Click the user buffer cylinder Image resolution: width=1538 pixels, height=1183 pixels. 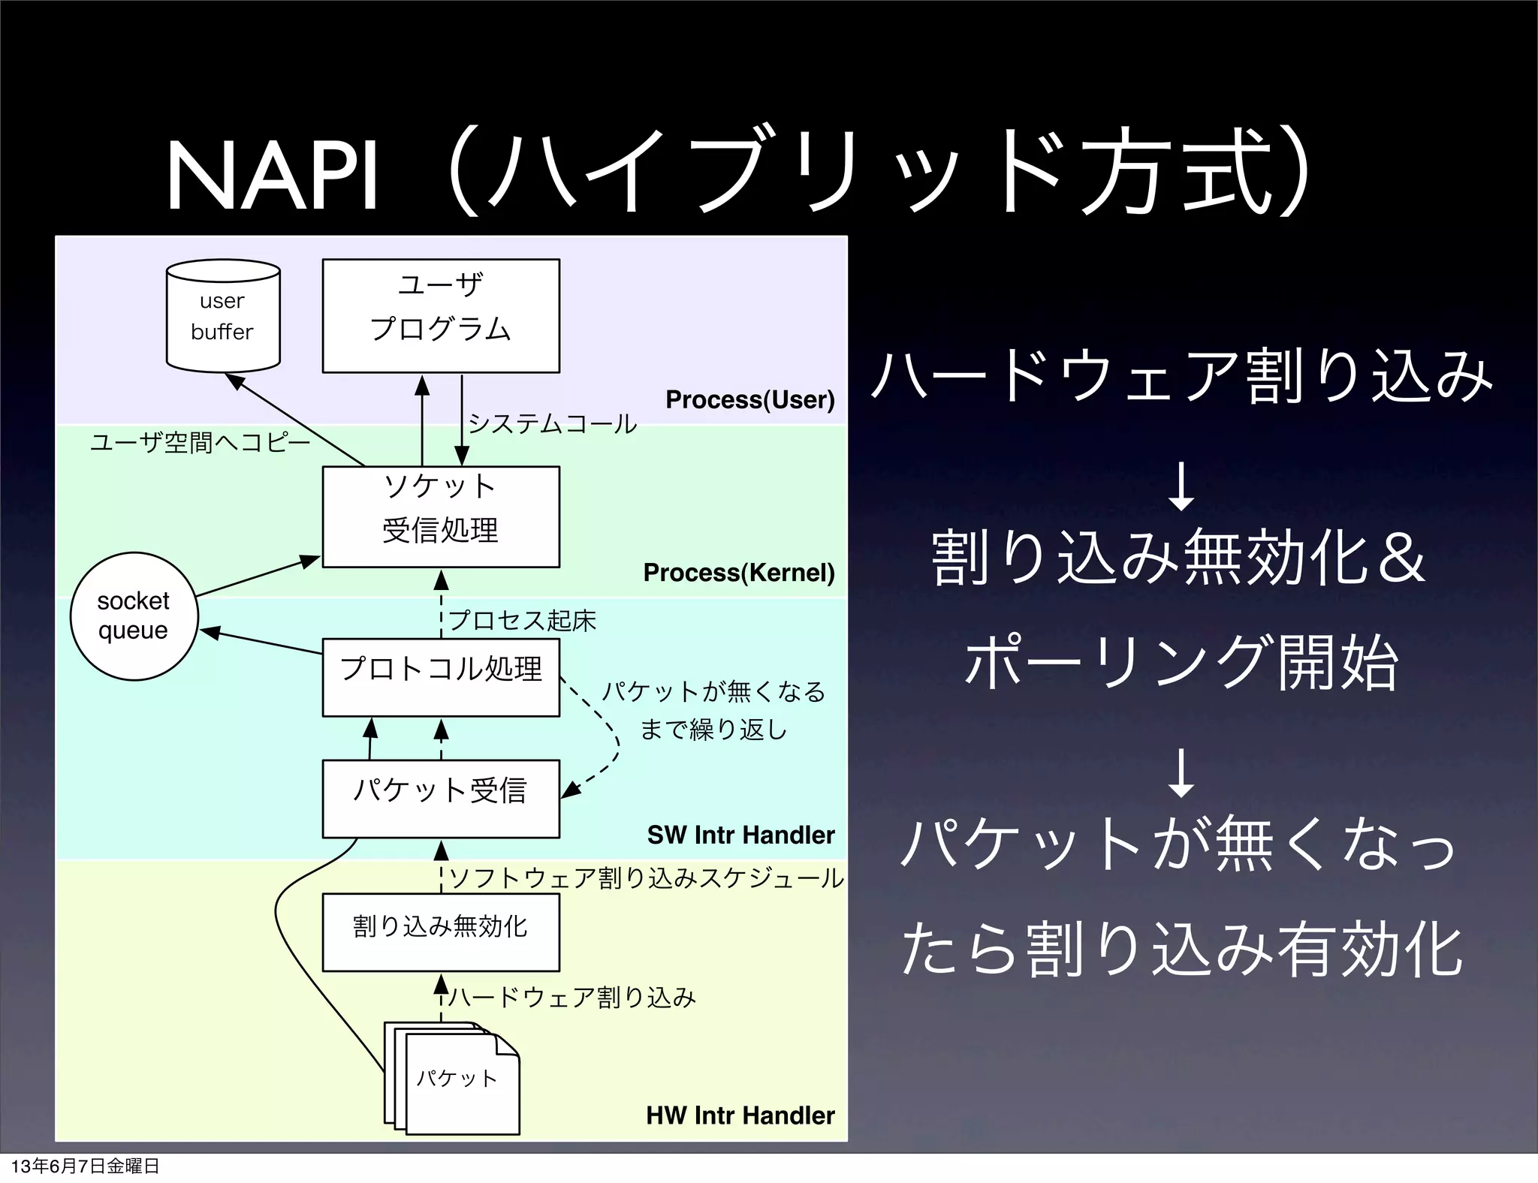pos(223,316)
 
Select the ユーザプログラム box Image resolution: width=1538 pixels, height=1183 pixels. pos(441,315)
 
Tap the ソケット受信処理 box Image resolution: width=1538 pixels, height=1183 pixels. pos(441,516)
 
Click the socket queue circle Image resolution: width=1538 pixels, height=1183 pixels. pos(134,616)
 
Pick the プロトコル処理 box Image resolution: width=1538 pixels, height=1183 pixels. pos(441,676)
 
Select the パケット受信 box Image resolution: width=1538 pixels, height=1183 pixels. pos(441,798)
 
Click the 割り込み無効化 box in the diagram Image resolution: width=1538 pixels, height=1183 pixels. pos(441,932)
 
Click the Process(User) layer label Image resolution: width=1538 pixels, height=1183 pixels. pos(749,399)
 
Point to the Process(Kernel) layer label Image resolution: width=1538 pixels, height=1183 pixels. pos(739,573)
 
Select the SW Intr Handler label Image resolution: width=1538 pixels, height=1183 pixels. pos(740,835)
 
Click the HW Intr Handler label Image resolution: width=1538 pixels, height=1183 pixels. pos(740,1115)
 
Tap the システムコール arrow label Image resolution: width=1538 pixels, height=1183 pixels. pos(552,424)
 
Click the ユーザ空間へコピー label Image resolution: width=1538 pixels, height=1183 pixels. pos(201,442)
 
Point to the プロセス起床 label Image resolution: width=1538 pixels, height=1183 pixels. pos(522,621)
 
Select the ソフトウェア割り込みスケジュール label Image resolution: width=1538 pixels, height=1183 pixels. pos(646,877)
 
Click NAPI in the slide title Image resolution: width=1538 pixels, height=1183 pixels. pos(272,176)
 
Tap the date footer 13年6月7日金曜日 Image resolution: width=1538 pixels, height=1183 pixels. pos(85,1166)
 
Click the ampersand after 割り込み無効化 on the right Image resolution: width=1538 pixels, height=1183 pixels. pos(1401,558)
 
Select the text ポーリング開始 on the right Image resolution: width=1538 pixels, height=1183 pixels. pos(1181,664)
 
